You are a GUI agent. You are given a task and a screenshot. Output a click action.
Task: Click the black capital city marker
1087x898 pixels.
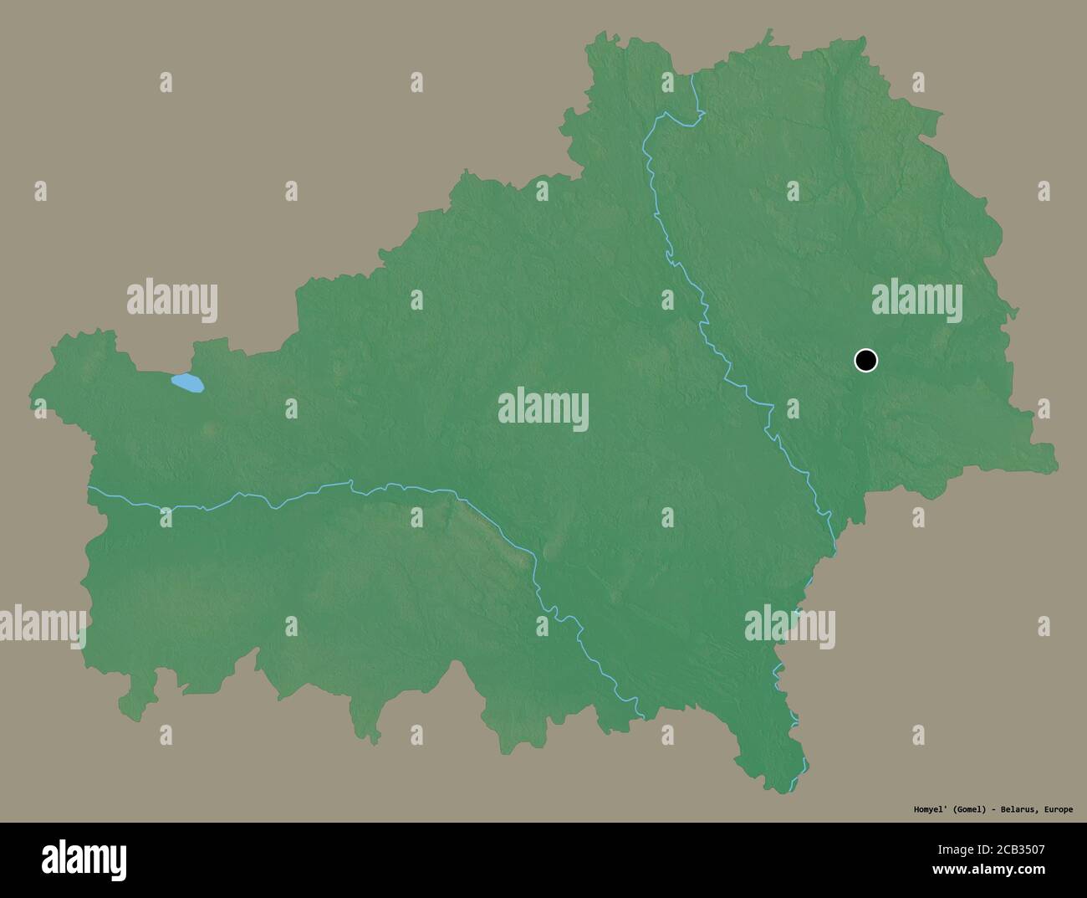click(x=865, y=361)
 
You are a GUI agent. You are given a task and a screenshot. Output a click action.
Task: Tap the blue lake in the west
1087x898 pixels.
click(x=187, y=383)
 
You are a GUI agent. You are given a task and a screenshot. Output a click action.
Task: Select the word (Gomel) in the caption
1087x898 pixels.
click(x=962, y=809)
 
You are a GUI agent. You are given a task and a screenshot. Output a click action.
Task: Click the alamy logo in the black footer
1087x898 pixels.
click(x=84, y=859)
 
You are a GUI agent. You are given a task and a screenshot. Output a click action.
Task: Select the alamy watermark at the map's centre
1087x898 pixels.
click(x=543, y=410)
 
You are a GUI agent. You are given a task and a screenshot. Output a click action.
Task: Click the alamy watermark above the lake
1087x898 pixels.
click(x=172, y=301)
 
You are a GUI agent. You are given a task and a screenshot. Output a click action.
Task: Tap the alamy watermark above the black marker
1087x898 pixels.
click(x=916, y=301)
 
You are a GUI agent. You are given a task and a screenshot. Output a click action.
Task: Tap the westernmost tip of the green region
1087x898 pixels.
click(x=33, y=392)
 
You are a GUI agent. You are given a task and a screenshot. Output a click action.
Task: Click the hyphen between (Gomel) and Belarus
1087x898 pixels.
click(x=989, y=809)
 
